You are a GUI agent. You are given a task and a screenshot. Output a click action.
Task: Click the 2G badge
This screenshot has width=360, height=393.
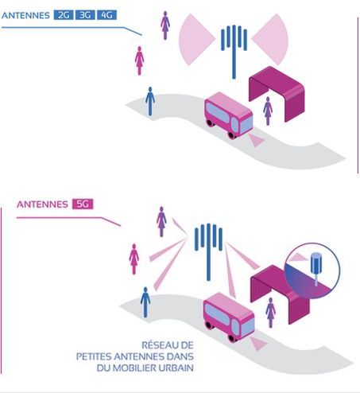[64, 15]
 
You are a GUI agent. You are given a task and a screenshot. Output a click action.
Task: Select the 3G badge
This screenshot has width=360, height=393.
[85, 15]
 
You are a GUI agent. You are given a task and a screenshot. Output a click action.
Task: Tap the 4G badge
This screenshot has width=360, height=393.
[106, 15]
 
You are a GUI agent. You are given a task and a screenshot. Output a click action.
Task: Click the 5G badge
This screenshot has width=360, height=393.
[83, 204]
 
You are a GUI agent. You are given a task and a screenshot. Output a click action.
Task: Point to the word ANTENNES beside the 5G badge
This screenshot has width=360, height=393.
[42, 204]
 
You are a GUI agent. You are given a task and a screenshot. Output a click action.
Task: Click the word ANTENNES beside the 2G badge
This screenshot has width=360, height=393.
[25, 15]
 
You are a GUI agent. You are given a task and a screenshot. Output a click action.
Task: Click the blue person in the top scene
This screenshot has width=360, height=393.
[150, 101]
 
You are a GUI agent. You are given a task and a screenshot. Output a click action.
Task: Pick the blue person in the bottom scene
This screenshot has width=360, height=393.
[145, 302]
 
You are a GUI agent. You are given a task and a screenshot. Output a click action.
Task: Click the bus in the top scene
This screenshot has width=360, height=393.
[228, 115]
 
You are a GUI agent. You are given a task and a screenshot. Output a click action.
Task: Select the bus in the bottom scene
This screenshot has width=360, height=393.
[229, 317]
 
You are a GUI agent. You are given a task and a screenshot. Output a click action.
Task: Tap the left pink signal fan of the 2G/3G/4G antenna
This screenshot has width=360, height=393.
[195, 39]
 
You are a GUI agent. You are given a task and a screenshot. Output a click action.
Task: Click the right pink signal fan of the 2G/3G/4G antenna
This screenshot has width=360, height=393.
[271, 39]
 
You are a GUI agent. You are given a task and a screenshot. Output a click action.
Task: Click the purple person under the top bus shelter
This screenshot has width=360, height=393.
[268, 111]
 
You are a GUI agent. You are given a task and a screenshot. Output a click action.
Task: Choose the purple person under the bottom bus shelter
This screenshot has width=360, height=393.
[270, 313]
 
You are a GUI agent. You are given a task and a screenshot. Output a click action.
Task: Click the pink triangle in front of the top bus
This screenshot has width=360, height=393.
[256, 140]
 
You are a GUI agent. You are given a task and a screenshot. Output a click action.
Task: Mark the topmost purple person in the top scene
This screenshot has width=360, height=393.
[165, 25]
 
